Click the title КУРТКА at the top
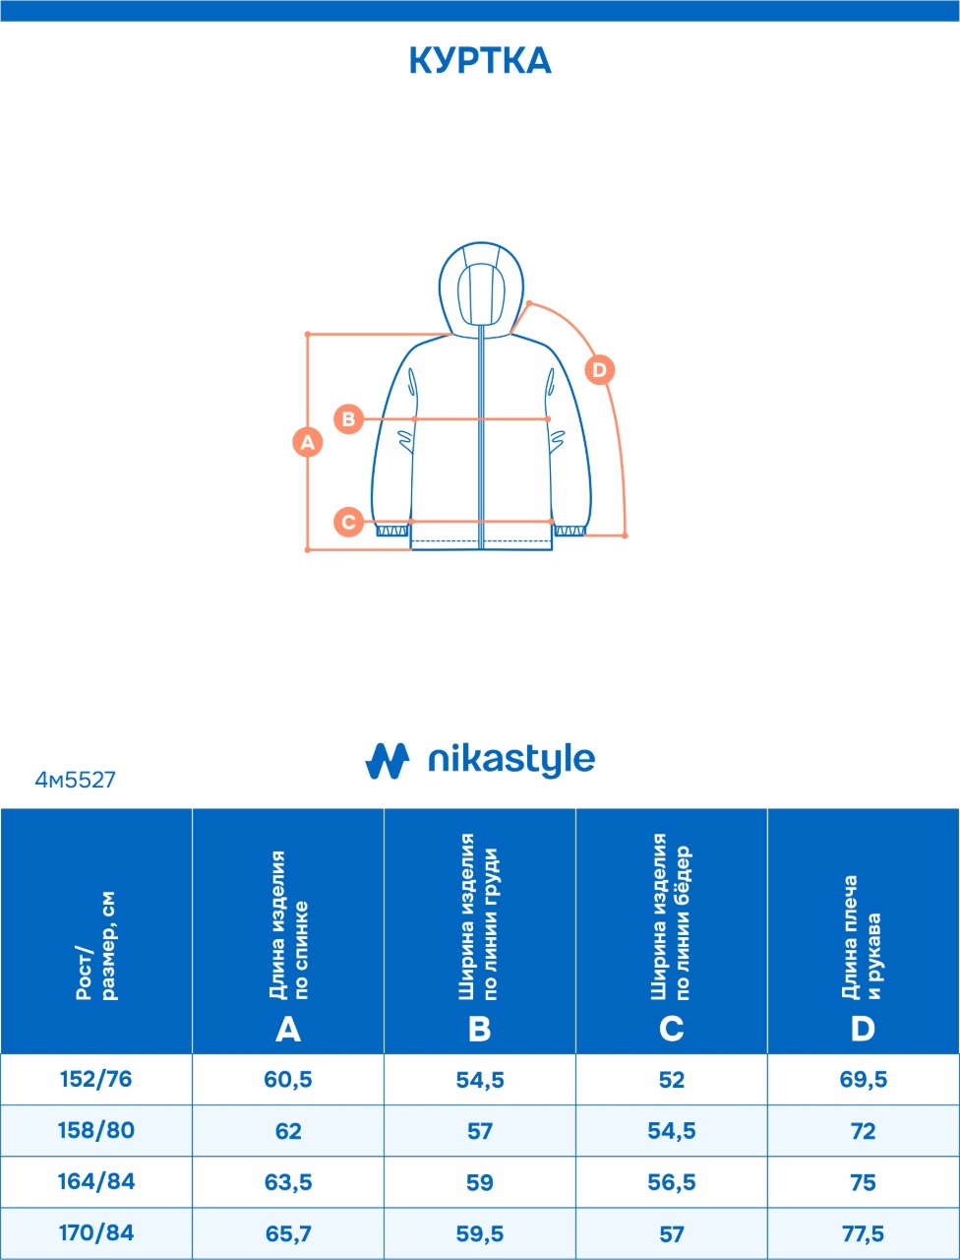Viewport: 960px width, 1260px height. [480, 61]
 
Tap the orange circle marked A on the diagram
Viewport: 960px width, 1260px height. [308, 442]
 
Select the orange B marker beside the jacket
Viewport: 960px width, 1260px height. [348, 419]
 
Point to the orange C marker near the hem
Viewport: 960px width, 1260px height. [348, 522]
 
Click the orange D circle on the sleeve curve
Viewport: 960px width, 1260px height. [599, 370]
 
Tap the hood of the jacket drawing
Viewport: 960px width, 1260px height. [481, 288]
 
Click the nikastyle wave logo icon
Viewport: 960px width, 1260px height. [388, 761]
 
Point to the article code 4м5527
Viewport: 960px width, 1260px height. [75, 780]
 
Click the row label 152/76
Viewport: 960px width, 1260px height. [96, 1079]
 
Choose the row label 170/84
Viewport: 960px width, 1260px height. [96, 1232]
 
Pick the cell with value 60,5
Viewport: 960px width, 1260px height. [288, 1079]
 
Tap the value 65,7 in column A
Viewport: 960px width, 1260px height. [288, 1233]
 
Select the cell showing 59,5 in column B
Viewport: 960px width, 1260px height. [479, 1233]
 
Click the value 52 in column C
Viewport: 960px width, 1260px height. [671, 1079]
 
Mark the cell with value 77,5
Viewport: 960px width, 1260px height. [863, 1233]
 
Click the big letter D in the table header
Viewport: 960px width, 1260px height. [863, 1030]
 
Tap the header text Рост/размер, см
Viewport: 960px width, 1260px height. [96, 946]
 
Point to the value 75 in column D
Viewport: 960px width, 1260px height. [863, 1182]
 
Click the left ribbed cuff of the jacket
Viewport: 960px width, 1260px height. [392, 530]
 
